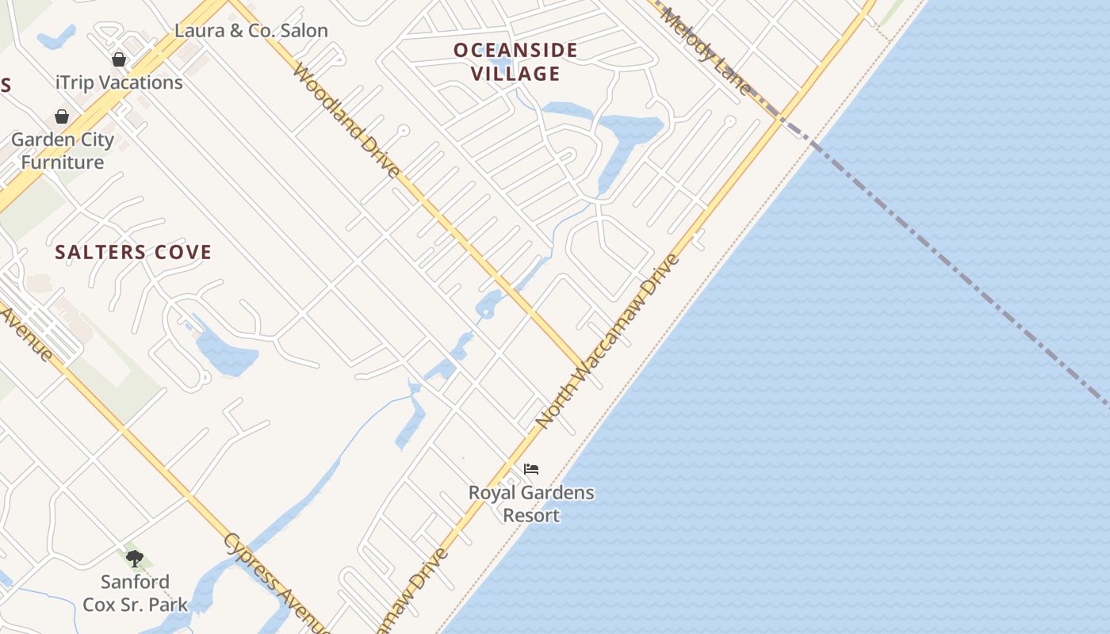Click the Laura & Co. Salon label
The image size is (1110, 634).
[251, 31]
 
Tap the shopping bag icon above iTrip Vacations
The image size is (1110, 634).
[119, 59]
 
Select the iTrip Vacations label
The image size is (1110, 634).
[119, 82]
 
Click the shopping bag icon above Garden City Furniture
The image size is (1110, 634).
[62, 116]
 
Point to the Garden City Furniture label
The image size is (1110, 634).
[63, 151]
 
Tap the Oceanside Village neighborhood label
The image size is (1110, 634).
[515, 62]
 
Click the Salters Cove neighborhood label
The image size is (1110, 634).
[133, 253]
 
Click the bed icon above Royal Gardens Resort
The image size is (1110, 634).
[531, 469]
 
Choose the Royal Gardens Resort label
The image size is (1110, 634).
[531, 504]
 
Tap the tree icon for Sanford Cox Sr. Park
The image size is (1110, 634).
[135, 559]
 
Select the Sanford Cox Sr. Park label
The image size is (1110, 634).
[135, 594]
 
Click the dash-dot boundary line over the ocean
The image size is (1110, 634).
[951, 265]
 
